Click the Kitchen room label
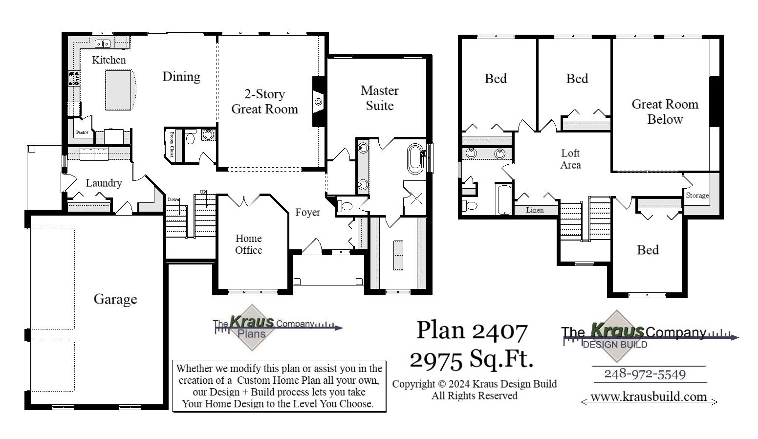[x=108, y=60]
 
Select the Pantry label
[x=82, y=132]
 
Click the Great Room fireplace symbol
[x=318, y=102]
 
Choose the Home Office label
[x=248, y=244]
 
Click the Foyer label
[x=307, y=213]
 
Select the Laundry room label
[x=104, y=183]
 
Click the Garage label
[x=115, y=299]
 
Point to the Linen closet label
[x=535, y=210]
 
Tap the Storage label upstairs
[x=697, y=196]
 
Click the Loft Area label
[x=570, y=159]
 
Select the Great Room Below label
[x=665, y=111]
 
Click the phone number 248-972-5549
[x=645, y=374]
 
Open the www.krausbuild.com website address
[x=649, y=397]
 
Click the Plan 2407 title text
[x=472, y=331]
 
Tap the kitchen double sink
[x=103, y=44]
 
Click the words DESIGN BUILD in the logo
[x=615, y=345]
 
